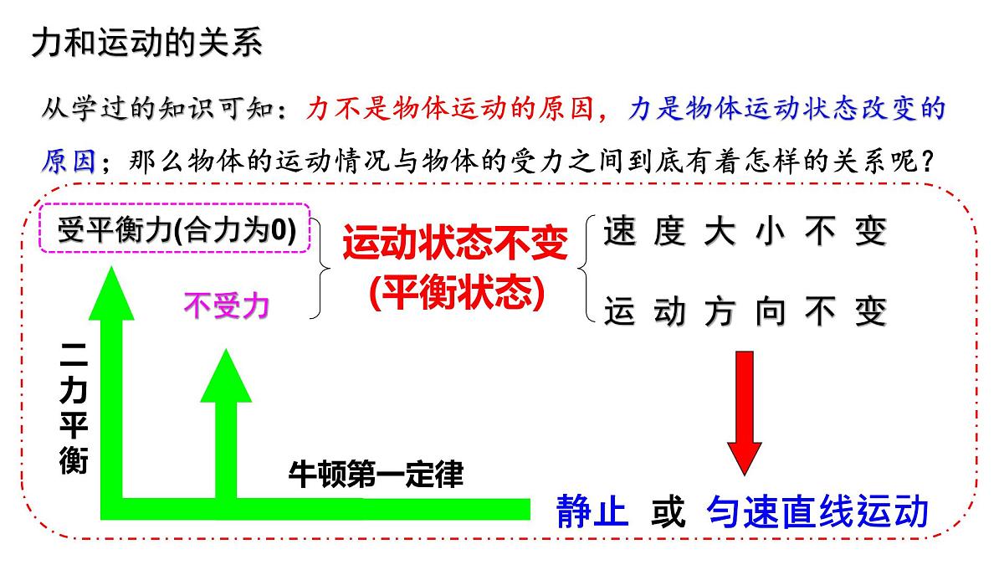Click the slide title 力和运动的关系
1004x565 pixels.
coord(147,44)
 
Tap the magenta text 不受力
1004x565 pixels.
coord(226,307)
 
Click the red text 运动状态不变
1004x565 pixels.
coord(455,244)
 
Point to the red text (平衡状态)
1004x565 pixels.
coord(456,292)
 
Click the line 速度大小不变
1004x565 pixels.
coord(744,232)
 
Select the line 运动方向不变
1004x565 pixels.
coord(744,312)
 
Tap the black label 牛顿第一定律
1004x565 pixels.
coord(376,475)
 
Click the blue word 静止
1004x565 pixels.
coord(592,511)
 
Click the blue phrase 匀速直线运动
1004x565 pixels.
coord(817,511)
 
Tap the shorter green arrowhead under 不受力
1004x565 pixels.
coord(224,377)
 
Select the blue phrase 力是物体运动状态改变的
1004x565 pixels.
coord(786,109)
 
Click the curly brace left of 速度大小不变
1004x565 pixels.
coord(587,270)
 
